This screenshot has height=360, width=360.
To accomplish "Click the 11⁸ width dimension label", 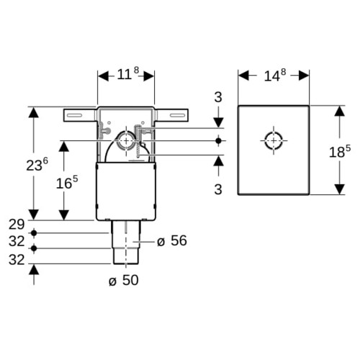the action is (128, 73).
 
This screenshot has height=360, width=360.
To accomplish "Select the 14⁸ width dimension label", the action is (275, 75).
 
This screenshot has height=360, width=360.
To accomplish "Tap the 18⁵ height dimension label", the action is (340, 151).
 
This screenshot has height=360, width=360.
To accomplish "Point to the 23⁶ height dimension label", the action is (37, 164).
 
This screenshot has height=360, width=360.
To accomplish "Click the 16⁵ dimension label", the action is (67, 182).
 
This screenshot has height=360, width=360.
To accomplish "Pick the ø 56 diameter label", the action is (172, 240).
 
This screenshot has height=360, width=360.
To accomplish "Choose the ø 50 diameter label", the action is (123, 280).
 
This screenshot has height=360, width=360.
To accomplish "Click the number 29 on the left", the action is (17, 225).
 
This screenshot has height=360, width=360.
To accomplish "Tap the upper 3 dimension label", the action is (218, 97).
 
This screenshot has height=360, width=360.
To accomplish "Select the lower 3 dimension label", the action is (218, 189).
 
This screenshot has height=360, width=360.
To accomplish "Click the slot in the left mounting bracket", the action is (74, 115).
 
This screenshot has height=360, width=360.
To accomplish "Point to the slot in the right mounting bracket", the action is (178, 115).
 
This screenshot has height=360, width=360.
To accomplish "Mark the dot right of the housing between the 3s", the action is (218, 140).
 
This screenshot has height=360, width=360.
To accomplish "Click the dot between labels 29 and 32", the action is (34, 233).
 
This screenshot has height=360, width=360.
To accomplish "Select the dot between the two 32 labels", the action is (34, 248).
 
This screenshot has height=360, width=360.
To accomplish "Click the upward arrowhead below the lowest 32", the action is (34, 269).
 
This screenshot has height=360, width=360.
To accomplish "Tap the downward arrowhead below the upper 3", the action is (218, 122).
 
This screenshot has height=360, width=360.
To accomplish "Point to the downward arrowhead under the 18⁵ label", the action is (340, 189).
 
